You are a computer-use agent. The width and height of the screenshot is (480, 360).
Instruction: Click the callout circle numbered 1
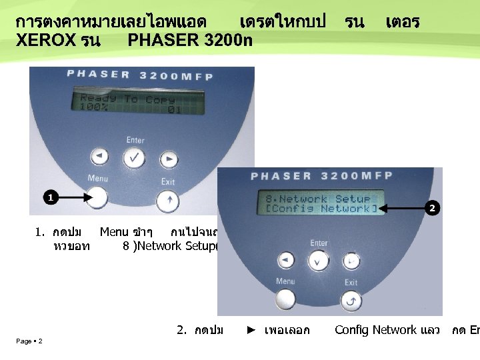[x=51, y=197]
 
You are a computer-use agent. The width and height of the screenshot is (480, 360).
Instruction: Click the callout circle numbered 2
[x=432, y=209]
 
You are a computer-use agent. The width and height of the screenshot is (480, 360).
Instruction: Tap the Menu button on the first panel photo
[x=97, y=197]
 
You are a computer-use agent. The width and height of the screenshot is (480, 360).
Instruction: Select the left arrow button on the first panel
[x=99, y=157]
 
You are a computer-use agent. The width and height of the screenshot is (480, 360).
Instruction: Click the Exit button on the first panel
[x=167, y=199]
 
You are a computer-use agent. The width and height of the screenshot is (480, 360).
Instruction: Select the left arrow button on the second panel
[x=286, y=260]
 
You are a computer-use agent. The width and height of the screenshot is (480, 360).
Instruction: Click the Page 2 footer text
[x=29, y=341]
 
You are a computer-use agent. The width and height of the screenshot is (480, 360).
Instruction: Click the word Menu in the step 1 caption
[x=114, y=232]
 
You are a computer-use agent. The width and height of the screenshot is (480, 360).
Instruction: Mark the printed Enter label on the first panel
[x=135, y=140]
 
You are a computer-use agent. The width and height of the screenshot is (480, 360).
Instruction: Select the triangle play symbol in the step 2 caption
[x=251, y=330]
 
